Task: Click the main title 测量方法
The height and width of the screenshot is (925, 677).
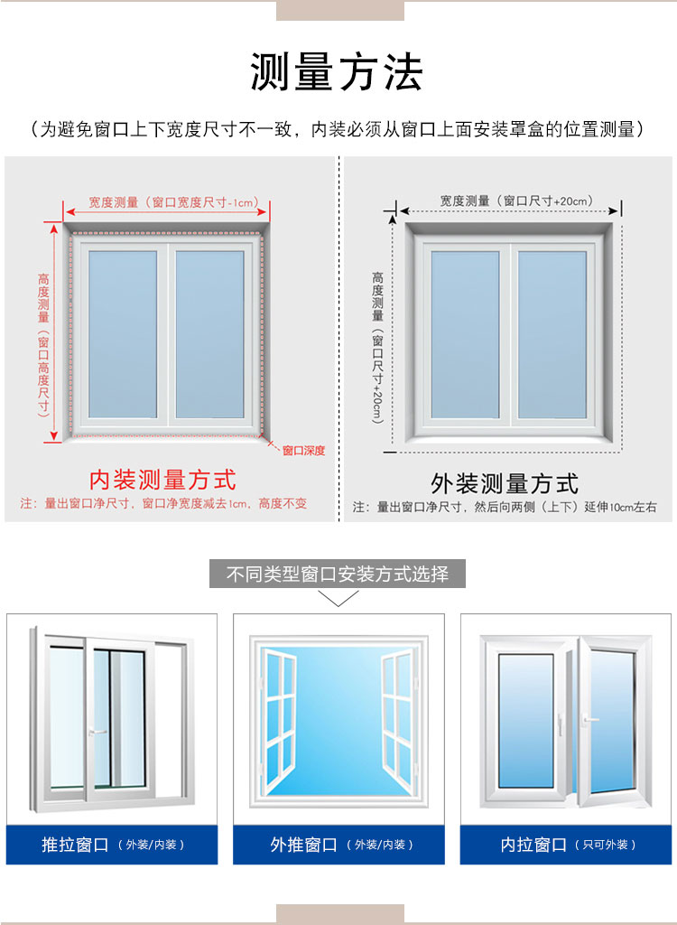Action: tap(337, 72)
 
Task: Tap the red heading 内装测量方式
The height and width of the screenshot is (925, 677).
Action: tap(162, 480)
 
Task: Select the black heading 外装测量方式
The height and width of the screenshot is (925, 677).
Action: tap(505, 483)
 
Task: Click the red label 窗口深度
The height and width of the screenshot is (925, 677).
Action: tap(303, 451)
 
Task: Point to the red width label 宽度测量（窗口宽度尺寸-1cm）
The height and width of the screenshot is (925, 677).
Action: tap(173, 202)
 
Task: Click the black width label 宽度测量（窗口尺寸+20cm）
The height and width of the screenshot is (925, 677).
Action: tap(516, 201)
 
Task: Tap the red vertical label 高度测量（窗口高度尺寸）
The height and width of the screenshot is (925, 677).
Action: tap(43, 345)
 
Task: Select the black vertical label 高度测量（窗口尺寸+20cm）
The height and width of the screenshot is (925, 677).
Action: tap(377, 348)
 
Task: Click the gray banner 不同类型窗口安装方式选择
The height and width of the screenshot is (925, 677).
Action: tap(338, 574)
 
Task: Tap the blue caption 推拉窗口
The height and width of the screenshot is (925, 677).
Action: tap(75, 845)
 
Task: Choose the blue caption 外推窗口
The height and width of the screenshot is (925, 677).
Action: tap(303, 845)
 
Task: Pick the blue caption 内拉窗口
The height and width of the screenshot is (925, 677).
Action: tap(533, 845)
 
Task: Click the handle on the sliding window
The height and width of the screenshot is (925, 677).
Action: tap(97, 732)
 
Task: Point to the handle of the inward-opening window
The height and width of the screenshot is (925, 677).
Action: tap(589, 719)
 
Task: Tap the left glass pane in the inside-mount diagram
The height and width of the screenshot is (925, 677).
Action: tap(123, 334)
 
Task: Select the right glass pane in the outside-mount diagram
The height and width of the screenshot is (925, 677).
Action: tap(552, 334)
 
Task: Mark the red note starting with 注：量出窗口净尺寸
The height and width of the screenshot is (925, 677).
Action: tap(163, 504)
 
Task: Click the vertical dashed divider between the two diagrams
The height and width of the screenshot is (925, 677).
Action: tap(339, 340)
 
